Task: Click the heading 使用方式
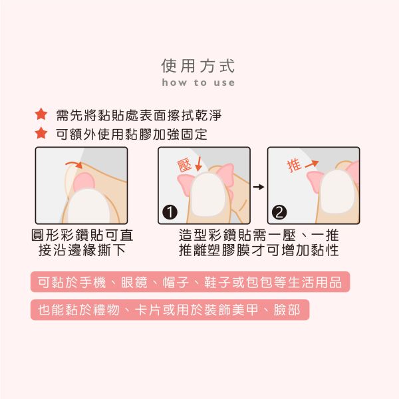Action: pos(198,66)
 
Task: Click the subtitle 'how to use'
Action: pos(198,83)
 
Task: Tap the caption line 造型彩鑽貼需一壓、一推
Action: pos(259,235)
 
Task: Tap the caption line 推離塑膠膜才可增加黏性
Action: pos(259,251)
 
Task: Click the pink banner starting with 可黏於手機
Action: pos(190,281)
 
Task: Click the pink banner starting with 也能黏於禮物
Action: pos(170,309)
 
